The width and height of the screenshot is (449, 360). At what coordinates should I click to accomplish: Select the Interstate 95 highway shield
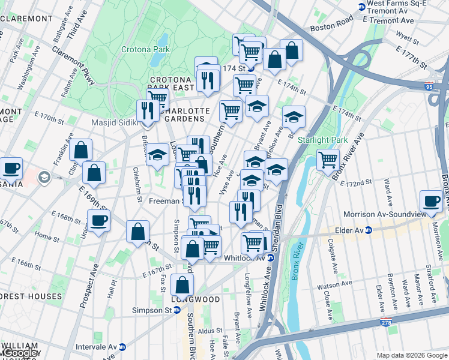click(429, 86)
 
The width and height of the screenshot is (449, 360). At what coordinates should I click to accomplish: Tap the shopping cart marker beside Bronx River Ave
click(328, 160)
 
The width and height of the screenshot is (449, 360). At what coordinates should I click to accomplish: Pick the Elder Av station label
click(349, 230)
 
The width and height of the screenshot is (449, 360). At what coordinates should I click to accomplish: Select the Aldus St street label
click(211, 331)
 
